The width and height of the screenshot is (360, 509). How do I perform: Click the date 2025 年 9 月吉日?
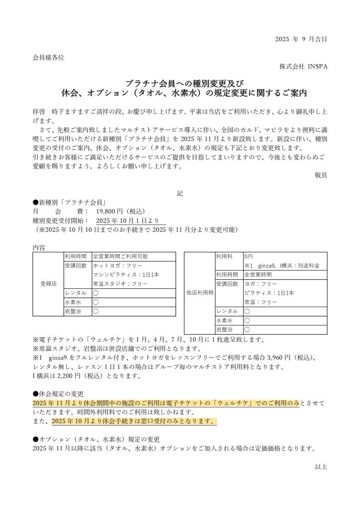pos(301,39)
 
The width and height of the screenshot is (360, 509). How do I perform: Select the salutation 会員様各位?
pos(48,57)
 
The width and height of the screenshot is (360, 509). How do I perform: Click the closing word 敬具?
pos(321,174)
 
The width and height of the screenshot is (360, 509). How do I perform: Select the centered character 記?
pos(180,193)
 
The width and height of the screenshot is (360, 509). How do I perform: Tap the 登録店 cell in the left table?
pos(48,284)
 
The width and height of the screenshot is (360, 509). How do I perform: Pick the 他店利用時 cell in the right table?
pos(199,293)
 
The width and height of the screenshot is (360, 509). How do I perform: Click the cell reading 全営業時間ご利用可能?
pos(120,256)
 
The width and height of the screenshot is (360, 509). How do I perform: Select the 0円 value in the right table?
pos(249,256)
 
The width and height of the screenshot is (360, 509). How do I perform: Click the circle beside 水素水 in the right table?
pos(247,320)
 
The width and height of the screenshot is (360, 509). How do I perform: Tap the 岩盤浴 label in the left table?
pos(73,311)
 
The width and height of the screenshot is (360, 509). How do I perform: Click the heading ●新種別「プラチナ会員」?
pos(71,202)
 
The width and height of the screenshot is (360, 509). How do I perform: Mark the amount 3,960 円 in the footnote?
pos(269,357)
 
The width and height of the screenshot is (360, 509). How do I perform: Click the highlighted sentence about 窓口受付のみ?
pos(134,421)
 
